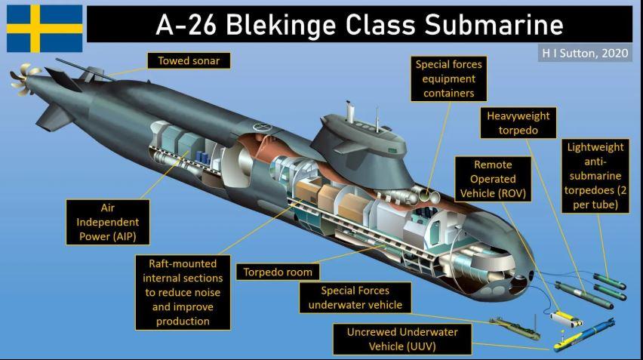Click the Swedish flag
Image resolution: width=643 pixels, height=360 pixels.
45,28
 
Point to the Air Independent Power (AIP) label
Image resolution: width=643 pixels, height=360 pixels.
109,223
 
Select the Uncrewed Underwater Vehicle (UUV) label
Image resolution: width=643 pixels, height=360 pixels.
402,339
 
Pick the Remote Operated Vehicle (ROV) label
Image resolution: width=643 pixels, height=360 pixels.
493,180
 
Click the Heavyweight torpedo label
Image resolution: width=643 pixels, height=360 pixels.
518,124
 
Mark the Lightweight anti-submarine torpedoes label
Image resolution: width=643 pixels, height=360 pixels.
595,176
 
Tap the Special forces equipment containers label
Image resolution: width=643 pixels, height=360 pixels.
449,78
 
